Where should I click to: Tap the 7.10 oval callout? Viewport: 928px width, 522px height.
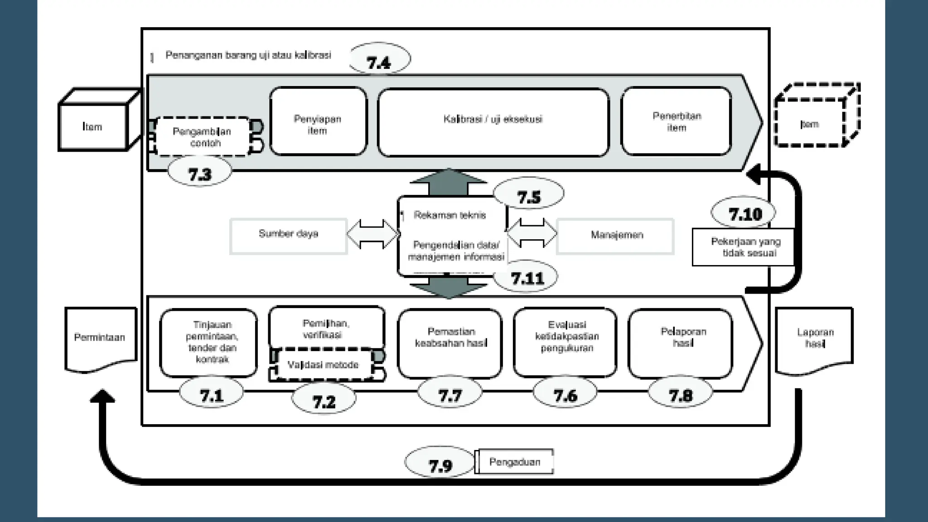pos(744,213)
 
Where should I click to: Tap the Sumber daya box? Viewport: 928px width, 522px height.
pos(289,236)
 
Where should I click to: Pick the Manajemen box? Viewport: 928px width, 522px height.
pos(615,236)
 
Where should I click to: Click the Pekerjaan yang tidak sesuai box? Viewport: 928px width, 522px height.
pos(744,247)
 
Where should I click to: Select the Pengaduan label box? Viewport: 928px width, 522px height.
pos(515,462)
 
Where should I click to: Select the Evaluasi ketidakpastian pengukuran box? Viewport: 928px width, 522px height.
pos(565,342)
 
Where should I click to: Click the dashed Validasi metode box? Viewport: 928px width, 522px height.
pos(324,364)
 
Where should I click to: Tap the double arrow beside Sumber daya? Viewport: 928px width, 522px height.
pos(372,234)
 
